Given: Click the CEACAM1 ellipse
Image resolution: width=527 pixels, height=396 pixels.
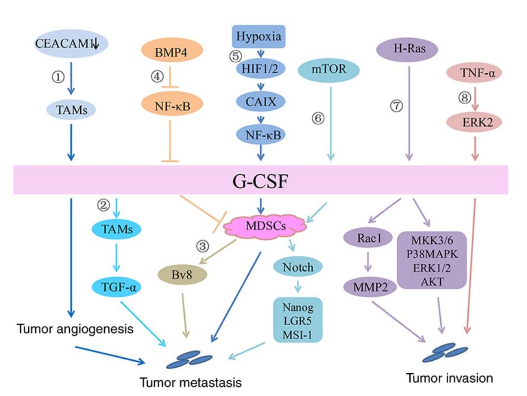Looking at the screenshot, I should point(71,44).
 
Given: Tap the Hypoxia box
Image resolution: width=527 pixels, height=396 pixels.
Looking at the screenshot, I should point(259,36).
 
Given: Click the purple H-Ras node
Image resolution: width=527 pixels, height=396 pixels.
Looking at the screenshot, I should point(407,49).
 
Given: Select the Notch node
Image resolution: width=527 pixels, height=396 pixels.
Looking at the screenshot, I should point(298,268).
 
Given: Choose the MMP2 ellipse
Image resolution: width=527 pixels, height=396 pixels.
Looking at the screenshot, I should point(368,287).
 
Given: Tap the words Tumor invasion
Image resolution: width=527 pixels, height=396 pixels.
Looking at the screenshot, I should point(449,378).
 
